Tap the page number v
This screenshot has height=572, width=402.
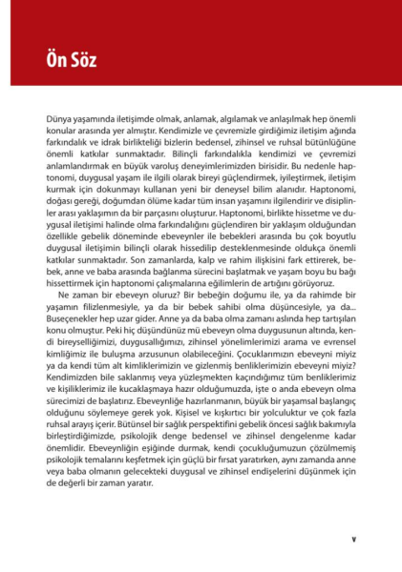(353, 539)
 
